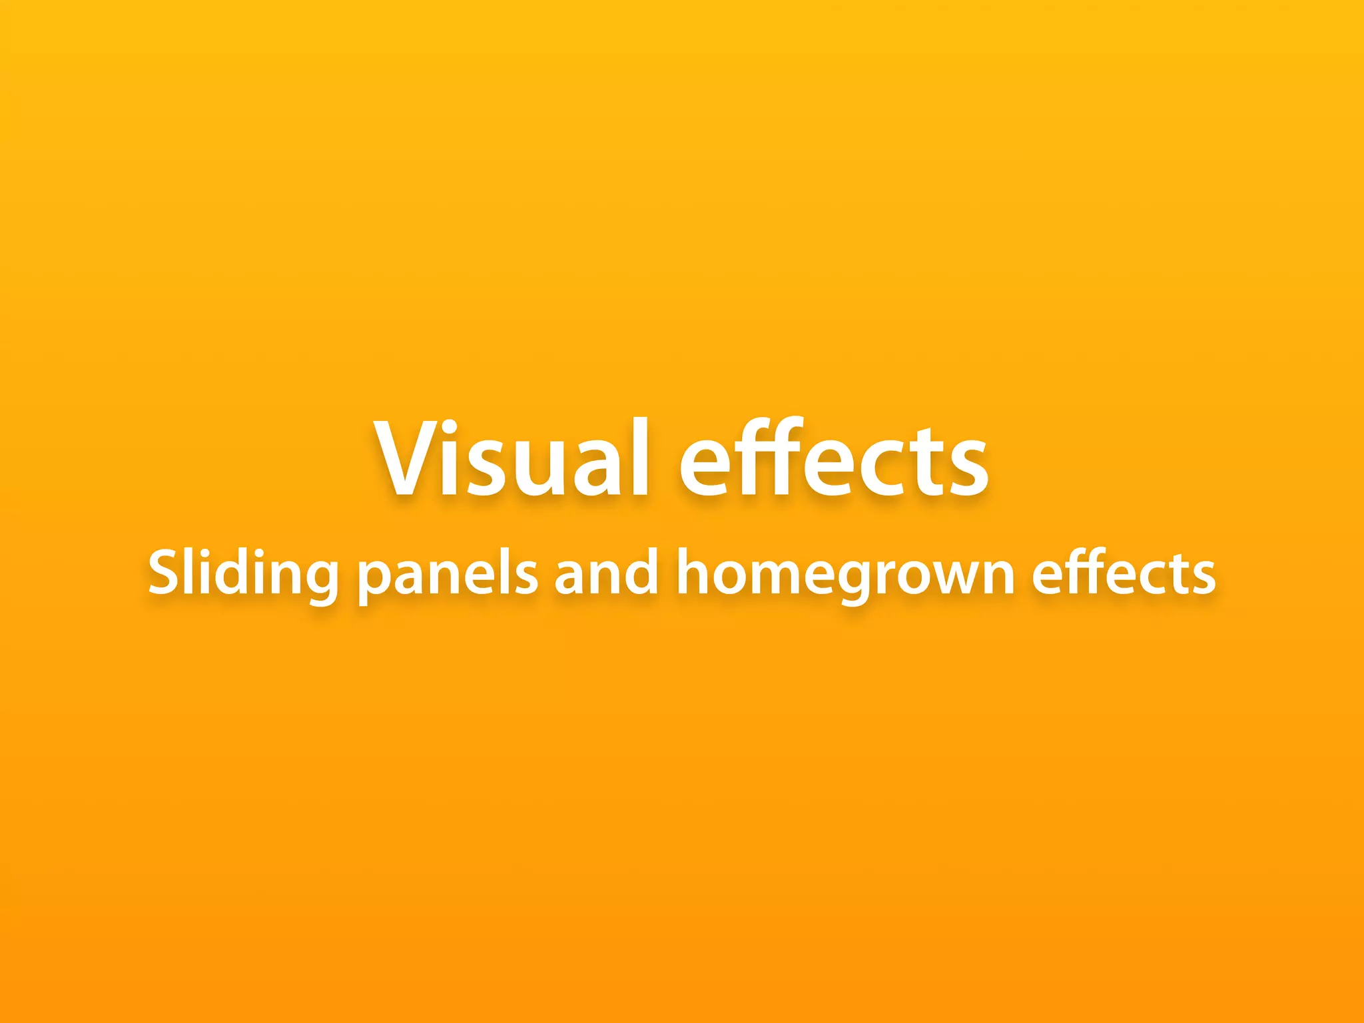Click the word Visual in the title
511,460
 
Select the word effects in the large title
834,460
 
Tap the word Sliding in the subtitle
244,574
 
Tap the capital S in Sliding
164,573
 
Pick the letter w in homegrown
946,577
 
